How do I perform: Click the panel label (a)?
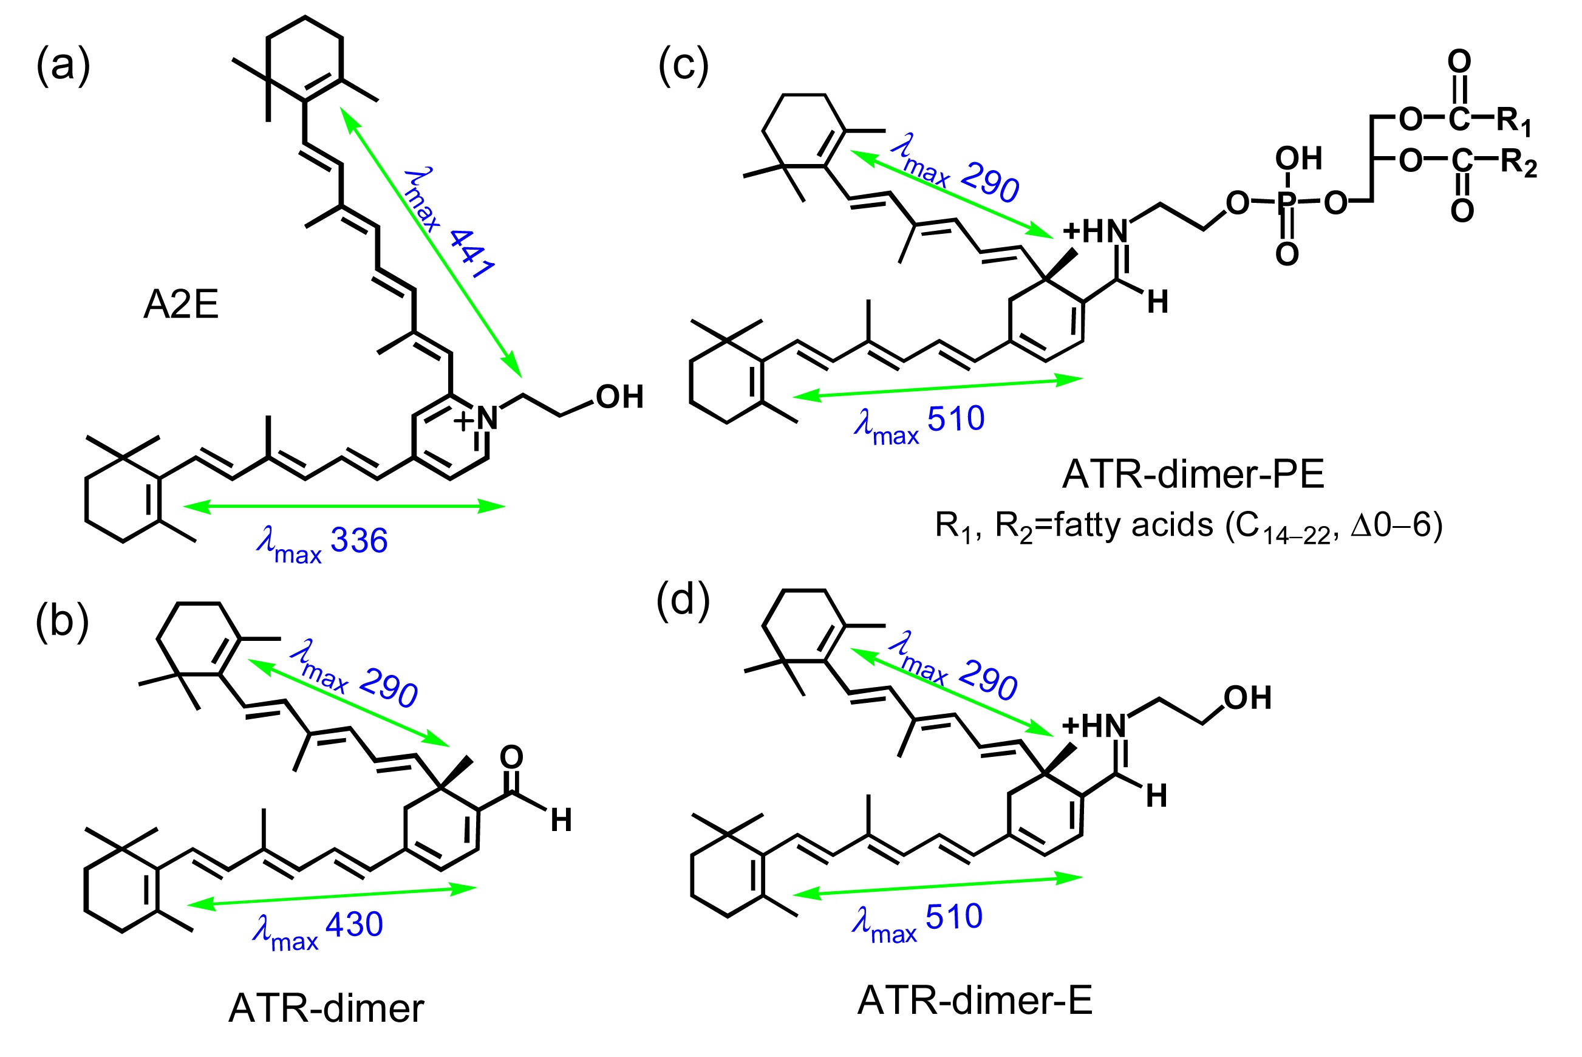pos(63,66)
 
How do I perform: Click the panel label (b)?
pos(62,621)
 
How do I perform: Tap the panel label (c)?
pos(683,66)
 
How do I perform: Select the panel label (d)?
pos(683,600)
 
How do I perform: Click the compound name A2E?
pos(180,305)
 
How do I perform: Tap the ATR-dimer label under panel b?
pos(326,1008)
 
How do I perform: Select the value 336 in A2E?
pos(359,541)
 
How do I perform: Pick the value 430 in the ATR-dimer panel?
pos(355,924)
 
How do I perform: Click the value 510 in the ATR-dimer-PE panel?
pos(955,419)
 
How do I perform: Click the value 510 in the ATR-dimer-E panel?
pos(954,917)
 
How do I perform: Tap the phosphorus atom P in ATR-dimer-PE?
pos(1286,202)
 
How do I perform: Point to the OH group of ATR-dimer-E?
pos(1247,698)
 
